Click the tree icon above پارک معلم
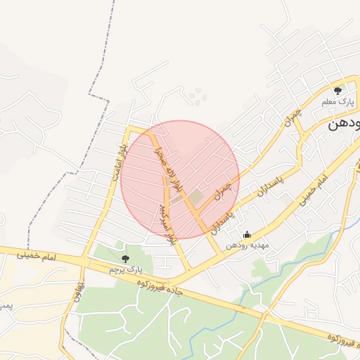[337, 90]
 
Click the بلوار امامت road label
[117, 159]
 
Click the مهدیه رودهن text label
[245, 246]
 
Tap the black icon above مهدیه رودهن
[246, 235]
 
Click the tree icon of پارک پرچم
[125, 259]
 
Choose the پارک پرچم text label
[126, 269]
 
